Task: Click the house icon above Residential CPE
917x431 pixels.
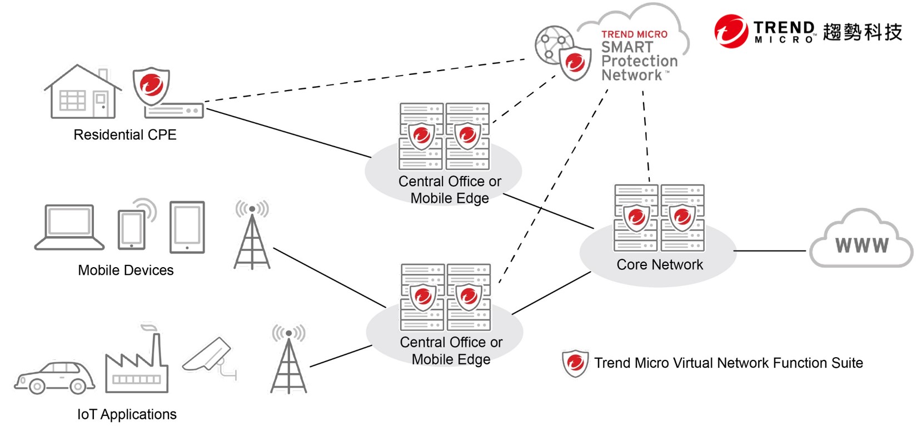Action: (83, 92)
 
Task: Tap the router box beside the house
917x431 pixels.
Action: (174, 111)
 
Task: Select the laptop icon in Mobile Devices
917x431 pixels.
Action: (69, 227)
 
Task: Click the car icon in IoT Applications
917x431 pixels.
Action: (55, 377)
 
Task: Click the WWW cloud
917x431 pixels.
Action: (862, 239)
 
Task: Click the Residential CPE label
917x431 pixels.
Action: (125, 134)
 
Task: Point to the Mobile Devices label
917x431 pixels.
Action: (126, 270)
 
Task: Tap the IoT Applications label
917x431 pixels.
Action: (127, 414)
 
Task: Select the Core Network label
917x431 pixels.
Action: (660, 264)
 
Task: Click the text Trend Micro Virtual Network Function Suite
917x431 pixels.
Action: (729, 363)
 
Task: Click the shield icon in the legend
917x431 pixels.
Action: (575, 363)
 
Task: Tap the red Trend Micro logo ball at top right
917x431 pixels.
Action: (731, 31)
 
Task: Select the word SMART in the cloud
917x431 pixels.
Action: (627, 47)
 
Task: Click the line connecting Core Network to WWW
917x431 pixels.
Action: (770, 250)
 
